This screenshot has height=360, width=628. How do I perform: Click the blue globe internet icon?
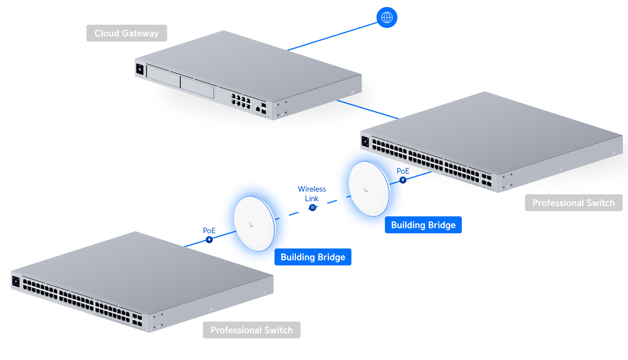pyautogui.click(x=387, y=17)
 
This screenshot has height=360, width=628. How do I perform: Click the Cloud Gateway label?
pyautogui.click(x=127, y=33)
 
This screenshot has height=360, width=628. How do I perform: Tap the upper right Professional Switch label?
pyautogui.click(x=573, y=203)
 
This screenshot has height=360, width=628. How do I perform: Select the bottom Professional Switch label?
pyautogui.click(x=252, y=330)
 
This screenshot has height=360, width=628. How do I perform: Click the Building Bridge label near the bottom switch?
pyautogui.click(x=313, y=257)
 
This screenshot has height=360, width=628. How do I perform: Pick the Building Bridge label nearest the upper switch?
pyautogui.click(x=423, y=225)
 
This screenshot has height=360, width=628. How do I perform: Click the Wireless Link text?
pyautogui.click(x=312, y=194)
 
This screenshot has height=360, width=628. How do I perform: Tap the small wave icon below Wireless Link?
pyautogui.click(x=313, y=208)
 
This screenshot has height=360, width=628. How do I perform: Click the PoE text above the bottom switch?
pyautogui.click(x=209, y=230)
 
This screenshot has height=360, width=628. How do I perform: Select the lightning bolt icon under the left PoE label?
pyautogui.click(x=209, y=240)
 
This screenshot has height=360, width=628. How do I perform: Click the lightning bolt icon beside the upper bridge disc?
pyautogui.click(x=403, y=180)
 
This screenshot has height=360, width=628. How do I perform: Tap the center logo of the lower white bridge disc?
pyautogui.click(x=251, y=224)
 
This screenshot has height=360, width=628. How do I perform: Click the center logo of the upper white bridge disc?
pyautogui.click(x=366, y=190)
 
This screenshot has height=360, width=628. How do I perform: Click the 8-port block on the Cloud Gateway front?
pyautogui.click(x=241, y=101)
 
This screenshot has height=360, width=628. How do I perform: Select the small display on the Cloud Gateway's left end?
pyautogui.click(x=139, y=70)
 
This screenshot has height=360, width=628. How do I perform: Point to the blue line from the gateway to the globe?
pyautogui.click(x=332, y=37)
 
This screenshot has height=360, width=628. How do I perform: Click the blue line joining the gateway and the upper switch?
pyautogui.click(x=367, y=109)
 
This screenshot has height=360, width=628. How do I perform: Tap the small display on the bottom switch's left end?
pyautogui.click(x=16, y=281)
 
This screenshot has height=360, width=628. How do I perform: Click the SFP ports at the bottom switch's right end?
pyautogui.click(x=137, y=320)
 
